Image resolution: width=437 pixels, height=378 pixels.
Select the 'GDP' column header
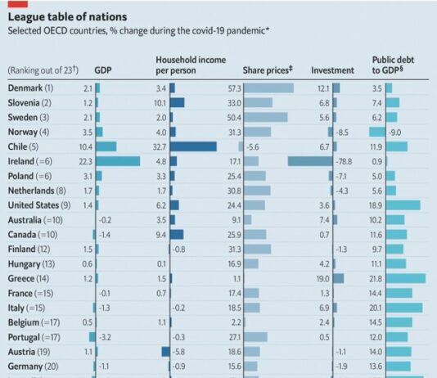pos(104,71)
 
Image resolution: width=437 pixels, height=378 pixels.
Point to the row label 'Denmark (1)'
pos(31,88)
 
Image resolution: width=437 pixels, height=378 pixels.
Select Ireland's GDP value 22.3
pos(85,161)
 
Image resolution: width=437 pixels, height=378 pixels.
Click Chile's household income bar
pos(192,146)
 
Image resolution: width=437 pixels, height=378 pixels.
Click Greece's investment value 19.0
pos(322,278)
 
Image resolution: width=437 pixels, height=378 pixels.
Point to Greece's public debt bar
pos(405,278)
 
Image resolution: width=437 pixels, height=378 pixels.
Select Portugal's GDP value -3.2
pos(105,336)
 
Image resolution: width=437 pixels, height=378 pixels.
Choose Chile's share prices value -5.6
pos(255,146)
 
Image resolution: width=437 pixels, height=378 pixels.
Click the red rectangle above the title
pos(16,2)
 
